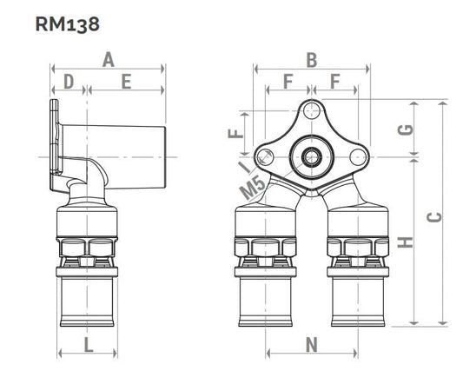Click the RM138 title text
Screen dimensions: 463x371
click(x=68, y=24)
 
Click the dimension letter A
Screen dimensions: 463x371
click(x=109, y=60)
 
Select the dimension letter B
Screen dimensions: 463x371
click(x=312, y=60)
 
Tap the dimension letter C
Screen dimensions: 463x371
click(x=434, y=217)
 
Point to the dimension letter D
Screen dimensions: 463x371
click(x=69, y=82)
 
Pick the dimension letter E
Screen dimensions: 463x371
click(x=126, y=82)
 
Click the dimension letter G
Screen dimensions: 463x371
click(x=406, y=129)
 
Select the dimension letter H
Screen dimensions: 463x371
click(x=405, y=242)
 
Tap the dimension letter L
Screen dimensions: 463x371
click(x=89, y=345)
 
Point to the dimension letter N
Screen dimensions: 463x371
click(x=312, y=345)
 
